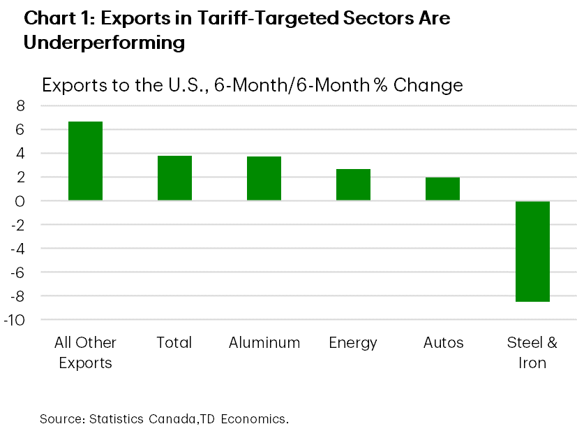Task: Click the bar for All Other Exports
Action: pos(85,161)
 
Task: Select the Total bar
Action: pos(174,178)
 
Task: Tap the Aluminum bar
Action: pos(264,179)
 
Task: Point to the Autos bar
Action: pos(442,189)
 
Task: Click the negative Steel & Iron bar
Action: pos(532,251)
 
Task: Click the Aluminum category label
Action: pos(264,343)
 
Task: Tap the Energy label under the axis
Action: pos(353,343)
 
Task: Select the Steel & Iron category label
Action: pos(532,353)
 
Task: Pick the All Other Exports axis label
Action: pos(85,353)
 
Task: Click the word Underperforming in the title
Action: pos(104,43)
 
